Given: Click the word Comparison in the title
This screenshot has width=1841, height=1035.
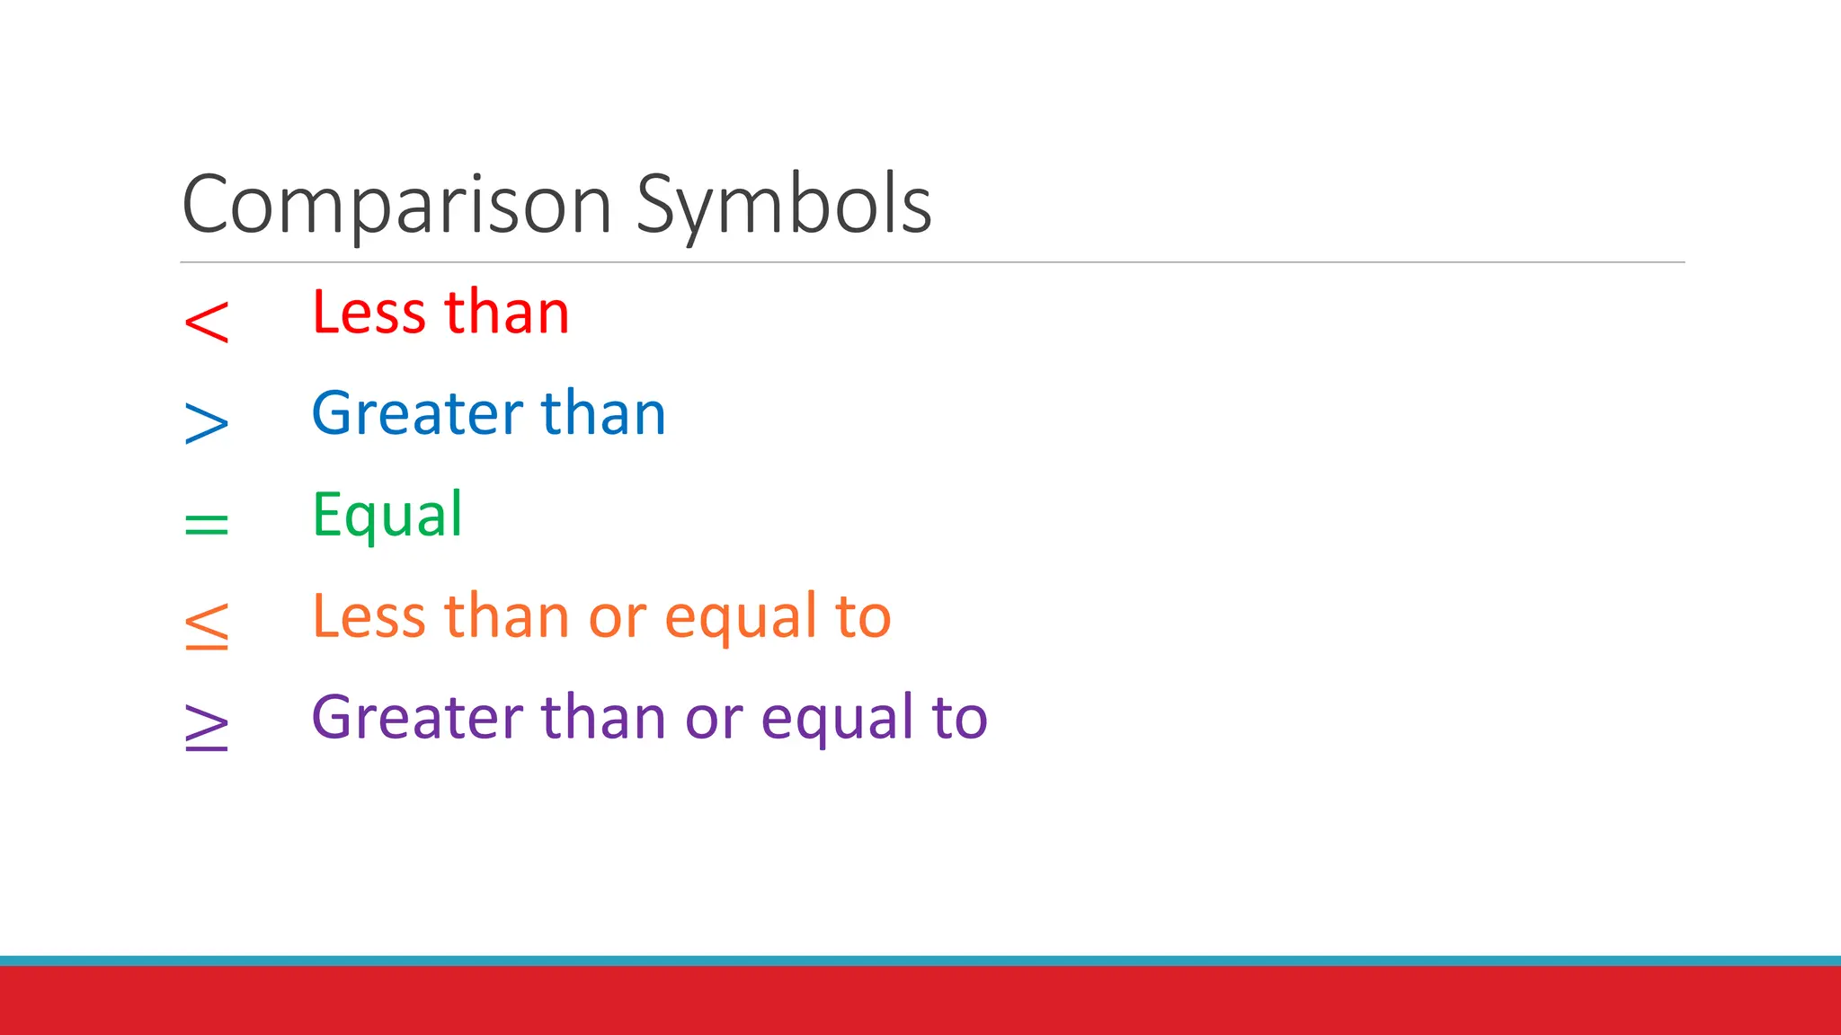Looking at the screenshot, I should (396, 206).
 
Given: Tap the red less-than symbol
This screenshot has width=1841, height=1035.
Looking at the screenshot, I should (207, 322).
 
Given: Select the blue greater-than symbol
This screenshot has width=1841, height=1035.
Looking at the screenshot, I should (207, 423).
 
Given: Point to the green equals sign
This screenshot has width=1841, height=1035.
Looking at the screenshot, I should (207, 524).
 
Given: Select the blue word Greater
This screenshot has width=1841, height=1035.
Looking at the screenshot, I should (417, 414).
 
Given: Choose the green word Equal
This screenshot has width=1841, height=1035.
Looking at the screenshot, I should (387, 517).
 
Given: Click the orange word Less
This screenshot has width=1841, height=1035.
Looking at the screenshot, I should (369, 617).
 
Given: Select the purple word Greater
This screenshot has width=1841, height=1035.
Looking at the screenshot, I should (417, 719).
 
